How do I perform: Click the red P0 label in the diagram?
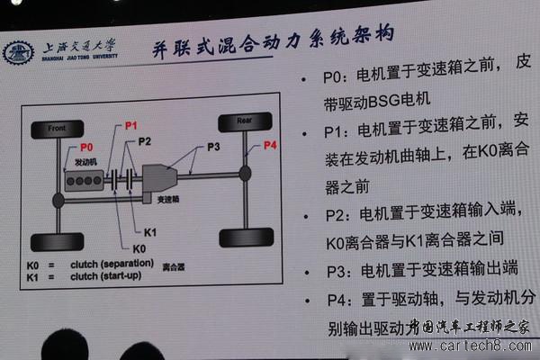coord(86,147)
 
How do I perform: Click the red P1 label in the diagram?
coord(131,127)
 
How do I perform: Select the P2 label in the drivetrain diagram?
coord(145,141)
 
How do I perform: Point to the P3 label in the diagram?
coord(212,145)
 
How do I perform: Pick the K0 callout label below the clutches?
coord(139,247)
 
